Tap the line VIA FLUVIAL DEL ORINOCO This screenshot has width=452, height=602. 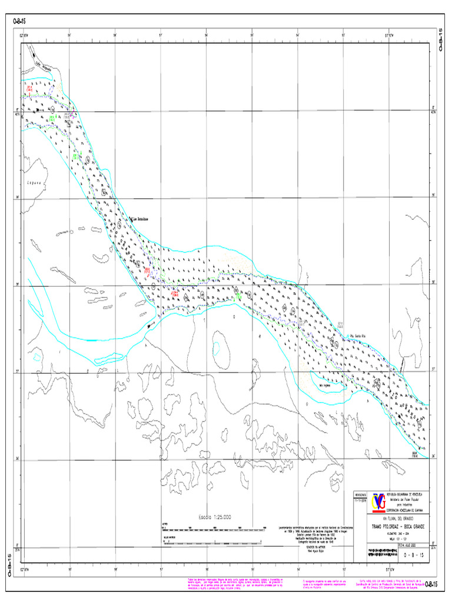tap(398, 519)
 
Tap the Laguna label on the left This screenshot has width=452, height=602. tap(35, 183)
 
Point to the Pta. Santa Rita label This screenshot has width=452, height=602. tap(359, 336)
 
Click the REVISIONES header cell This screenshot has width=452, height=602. tap(359, 495)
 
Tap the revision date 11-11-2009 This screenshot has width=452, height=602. tap(359, 501)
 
